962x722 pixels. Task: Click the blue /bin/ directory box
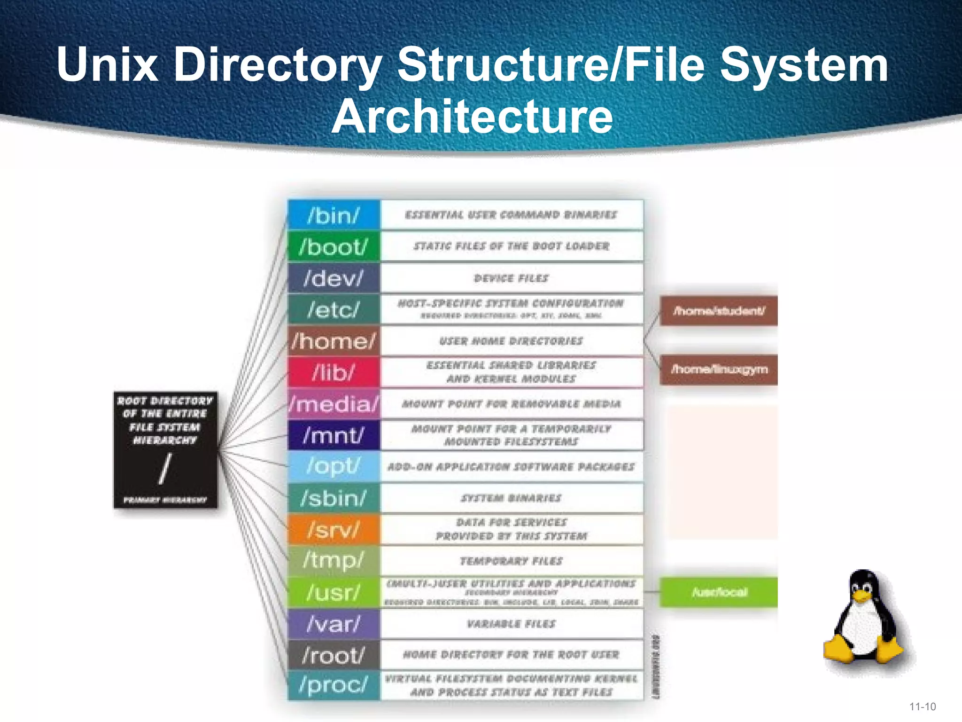334,215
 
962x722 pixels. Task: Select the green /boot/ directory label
334,246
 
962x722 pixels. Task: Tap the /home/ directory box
334,341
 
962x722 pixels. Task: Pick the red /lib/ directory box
334,372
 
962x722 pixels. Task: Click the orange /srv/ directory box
334,530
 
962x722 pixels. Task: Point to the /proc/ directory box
334,685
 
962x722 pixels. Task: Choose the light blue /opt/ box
334,466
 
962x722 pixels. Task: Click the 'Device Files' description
511,278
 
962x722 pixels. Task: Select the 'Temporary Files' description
511,561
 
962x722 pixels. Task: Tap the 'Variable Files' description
511,624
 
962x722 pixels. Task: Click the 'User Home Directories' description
511,341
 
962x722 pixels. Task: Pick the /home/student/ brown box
719,311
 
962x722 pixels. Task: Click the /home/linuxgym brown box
719,369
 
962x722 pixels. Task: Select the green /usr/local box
719,592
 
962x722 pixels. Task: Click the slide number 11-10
923,706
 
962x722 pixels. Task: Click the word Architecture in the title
472,117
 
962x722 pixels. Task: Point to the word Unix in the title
107,64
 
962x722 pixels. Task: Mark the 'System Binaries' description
511,498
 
